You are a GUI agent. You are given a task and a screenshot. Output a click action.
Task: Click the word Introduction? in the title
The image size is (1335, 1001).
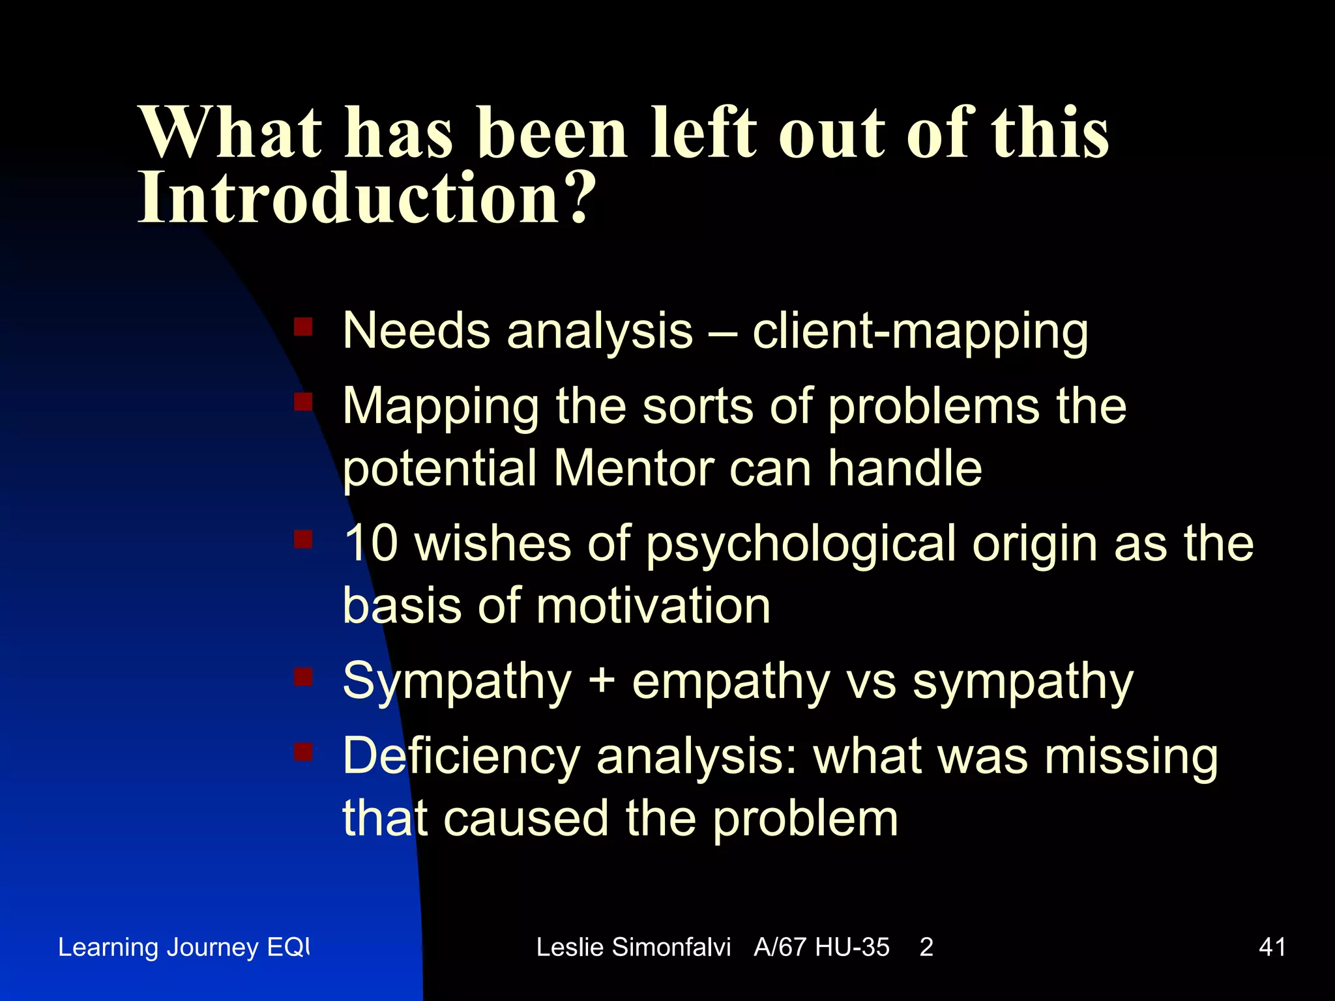click(x=366, y=197)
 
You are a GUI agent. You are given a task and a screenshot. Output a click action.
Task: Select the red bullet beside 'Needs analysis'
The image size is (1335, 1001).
click(x=303, y=326)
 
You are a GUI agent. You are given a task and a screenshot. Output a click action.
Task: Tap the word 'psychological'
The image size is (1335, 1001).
click(x=800, y=545)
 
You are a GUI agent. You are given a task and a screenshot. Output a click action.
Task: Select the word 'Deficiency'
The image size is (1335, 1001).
click(x=461, y=757)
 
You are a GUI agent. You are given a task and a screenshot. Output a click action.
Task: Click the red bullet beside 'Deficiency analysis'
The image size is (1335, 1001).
click(x=303, y=753)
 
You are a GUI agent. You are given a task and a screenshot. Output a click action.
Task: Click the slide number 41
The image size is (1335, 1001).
click(x=1272, y=947)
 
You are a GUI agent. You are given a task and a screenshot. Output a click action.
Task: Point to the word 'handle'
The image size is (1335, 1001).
click(x=905, y=468)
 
